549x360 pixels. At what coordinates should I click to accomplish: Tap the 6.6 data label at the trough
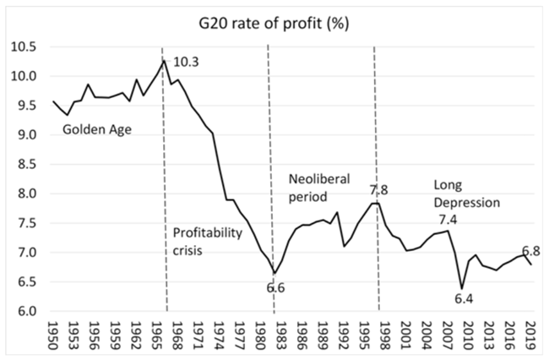(275, 289)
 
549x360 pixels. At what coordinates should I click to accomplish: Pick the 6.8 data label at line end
(530, 250)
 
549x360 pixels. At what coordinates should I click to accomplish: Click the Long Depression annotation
(467, 194)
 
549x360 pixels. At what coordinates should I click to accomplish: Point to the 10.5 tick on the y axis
(24, 46)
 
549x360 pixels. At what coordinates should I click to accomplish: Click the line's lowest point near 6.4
(461, 287)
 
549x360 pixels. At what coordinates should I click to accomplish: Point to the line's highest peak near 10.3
(164, 59)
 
